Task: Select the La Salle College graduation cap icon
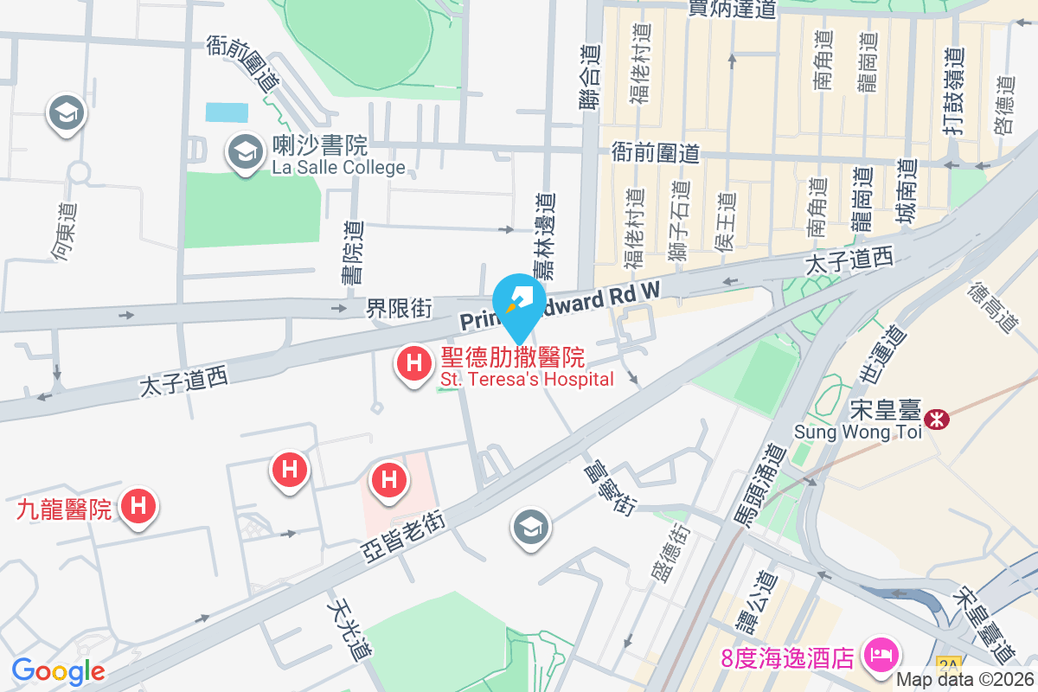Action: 246,152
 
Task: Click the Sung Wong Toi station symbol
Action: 935,420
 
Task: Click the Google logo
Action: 59,670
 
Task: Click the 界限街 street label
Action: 399,308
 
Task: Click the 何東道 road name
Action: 65,231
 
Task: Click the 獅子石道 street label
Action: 679,223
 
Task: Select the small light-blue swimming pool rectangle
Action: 227,112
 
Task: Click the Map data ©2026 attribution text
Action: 965,680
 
